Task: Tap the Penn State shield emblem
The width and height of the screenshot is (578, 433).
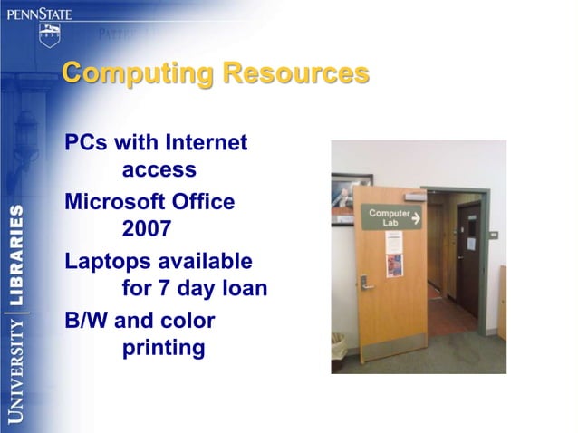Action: [x=49, y=35]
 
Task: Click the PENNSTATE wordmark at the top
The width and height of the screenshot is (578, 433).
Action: [x=39, y=13]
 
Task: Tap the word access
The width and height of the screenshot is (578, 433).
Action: [x=159, y=169]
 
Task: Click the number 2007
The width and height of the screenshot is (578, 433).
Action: [x=147, y=229]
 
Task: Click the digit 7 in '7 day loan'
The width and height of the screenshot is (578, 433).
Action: [x=163, y=289]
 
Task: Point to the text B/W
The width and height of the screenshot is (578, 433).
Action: [x=88, y=320]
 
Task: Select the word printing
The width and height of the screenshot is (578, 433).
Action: [x=163, y=348]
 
